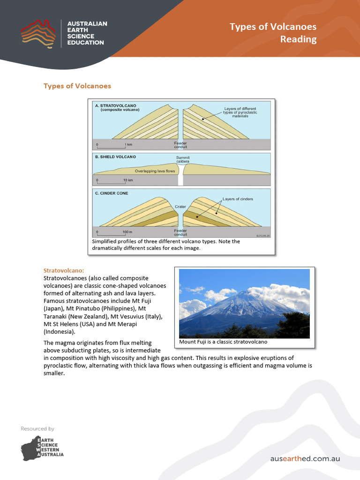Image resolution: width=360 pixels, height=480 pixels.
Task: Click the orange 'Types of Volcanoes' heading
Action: pyautogui.click(x=77, y=86)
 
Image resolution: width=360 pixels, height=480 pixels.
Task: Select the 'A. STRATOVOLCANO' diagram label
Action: pyautogui.click(x=114, y=106)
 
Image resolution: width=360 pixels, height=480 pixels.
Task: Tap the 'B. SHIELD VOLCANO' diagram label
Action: pyautogui.click(x=115, y=157)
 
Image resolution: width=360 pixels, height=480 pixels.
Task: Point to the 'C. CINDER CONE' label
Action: pyautogui.click(x=111, y=193)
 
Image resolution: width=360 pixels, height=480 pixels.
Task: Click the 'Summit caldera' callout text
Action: pyautogui.click(x=183, y=159)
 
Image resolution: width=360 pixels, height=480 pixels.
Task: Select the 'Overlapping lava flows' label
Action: pyautogui.click(x=155, y=171)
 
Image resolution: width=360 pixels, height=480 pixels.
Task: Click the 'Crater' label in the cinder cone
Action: pyautogui.click(x=180, y=206)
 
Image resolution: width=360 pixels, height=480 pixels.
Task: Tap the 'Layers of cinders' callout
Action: pyautogui.click(x=238, y=199)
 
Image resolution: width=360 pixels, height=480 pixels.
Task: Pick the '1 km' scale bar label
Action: pyautogui.click(x=128, y=144)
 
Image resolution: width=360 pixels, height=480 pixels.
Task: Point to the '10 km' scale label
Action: pyautogui.click(x=128, y=180)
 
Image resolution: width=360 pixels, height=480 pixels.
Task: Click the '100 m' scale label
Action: pyautogui.click(x=128, y=232)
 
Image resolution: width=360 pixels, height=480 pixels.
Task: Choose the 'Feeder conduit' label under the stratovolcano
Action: pyautogui.click(x=180, y=145)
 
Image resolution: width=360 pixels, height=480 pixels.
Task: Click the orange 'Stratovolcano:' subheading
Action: pyautogui.click(x=64, y=271)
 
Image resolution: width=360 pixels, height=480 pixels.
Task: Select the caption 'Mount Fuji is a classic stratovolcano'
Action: pyautogui.click(x=223, y=342)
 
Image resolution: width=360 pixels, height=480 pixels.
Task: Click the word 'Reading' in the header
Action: pyautogui.click(x=298, y=39)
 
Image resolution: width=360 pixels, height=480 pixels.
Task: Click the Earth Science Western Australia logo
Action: pyautogui.click(x=42, y=448)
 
